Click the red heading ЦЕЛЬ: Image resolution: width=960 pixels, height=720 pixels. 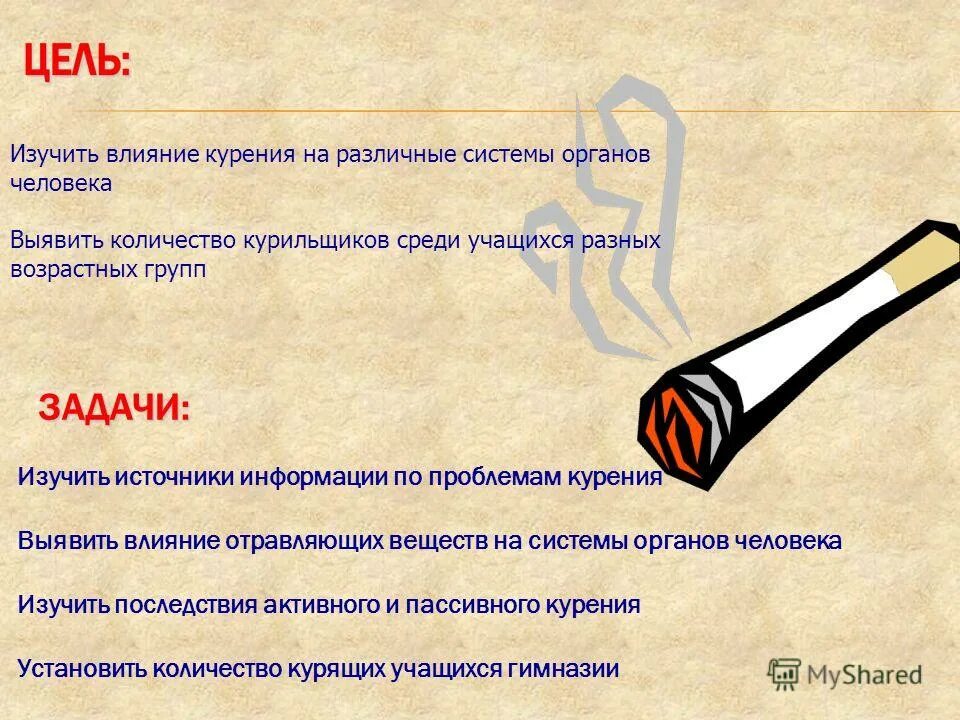click(x=77, y=64)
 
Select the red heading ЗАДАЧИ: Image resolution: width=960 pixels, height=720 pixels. click(x=113, y=409)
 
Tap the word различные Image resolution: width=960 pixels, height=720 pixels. click(x=392, y=155)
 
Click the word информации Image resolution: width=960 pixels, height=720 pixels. click(x=315, y=477)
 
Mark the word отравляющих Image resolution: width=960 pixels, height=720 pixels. click(x=306, y=541)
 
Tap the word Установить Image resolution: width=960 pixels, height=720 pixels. click(x=82, y=669)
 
